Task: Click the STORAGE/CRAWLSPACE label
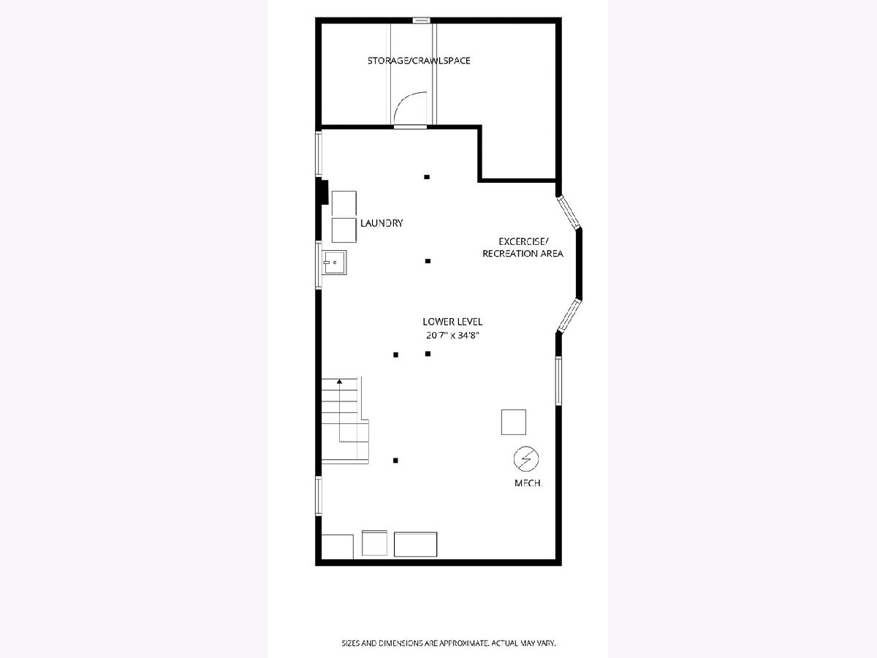[419, 61]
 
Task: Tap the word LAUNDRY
[381, 223]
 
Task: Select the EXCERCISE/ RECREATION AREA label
[523, 247]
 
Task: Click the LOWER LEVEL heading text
[452, 322]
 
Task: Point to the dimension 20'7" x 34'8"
[452, 335]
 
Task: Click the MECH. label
[528, 483]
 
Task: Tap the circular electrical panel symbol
[526, 458]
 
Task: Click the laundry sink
[334, 262]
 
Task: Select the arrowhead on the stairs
[340, 382]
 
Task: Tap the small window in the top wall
[422, 20]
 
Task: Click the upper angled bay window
[569, 212]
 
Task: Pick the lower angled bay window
[569, 316]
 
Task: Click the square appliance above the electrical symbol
[514, 422]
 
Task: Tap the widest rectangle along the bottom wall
[416, 544]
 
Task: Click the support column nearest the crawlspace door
[427, 177]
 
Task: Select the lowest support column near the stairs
[395, 461]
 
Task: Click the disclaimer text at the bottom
[449, 643]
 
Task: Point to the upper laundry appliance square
[344, 203]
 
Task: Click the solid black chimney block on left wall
[323, 192]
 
